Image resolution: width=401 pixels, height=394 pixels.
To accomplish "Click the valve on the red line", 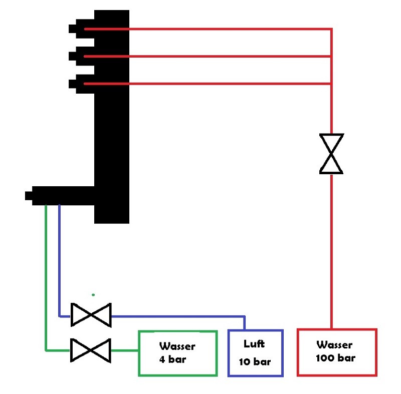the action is pos(331,154).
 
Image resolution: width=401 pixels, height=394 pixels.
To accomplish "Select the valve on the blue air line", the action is pos(91,315).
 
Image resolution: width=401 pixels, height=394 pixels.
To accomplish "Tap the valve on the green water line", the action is pos(91,350).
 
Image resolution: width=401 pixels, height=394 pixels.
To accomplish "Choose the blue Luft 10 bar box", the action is pos(228,353).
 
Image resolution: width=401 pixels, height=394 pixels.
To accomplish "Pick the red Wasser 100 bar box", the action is pos(297,352).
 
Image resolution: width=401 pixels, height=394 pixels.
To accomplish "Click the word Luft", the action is pos(254,344).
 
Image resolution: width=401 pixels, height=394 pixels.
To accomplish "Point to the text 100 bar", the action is pos(335,358).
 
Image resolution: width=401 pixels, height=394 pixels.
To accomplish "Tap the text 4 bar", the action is pos(172,359).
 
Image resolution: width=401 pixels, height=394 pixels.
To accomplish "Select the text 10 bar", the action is pos(255,361).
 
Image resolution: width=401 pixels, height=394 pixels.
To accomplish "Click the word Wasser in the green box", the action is pos(177,346).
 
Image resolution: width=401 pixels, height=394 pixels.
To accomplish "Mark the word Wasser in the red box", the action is pos(334,345).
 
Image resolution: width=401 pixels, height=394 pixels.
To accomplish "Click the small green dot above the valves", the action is pos(93,295).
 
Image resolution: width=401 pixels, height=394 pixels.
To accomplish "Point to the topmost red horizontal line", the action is pos(208,29).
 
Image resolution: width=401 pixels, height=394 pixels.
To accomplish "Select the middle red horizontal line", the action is pos(208,56).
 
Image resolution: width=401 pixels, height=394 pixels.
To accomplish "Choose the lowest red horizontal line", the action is pos(208,84).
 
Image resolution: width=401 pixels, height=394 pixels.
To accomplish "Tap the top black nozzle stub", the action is pos(72,29).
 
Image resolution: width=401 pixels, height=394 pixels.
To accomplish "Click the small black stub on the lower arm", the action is pos(29,196).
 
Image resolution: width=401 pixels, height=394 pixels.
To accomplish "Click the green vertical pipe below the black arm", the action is pos(46,278).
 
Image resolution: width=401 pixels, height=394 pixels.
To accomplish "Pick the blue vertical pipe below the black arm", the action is pos(59,261).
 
